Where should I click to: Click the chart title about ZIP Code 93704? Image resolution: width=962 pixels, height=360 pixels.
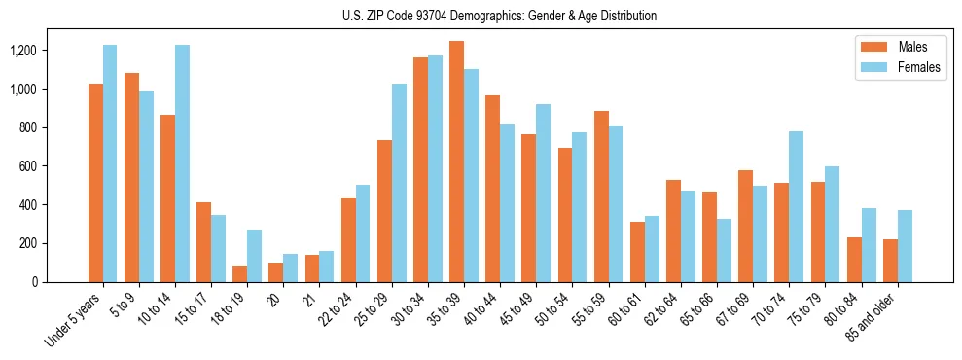[499, 16]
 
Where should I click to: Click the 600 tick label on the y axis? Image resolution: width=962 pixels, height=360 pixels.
[24, 166]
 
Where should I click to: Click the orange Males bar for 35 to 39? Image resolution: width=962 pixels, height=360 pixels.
[456, 162]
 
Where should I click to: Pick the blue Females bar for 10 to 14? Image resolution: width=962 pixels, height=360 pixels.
[182, 163]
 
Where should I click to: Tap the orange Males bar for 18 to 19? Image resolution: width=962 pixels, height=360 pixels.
[239, 273]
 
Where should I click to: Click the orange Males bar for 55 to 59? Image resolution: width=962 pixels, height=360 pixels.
[601, 197]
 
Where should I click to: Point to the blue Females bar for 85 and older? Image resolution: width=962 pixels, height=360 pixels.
[905, 246]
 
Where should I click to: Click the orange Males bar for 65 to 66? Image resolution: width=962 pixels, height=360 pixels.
[709, 236]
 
